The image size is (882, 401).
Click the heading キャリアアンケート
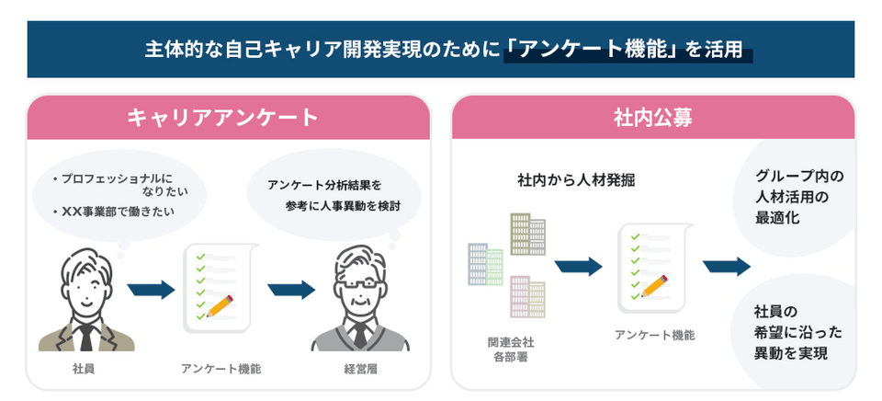tap(222, 118)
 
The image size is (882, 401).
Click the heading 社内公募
tap(653, 118)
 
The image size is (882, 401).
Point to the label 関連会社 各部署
tap(511, 349)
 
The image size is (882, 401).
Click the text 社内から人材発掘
tap(576, 180)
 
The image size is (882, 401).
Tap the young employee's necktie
tap(85, 335)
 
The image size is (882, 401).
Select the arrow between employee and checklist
tap(151, 290)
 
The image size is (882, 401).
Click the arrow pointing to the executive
tap(291, 290)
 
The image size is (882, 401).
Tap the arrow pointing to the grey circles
tap(726, 267)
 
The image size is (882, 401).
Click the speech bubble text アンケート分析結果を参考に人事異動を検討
tap(334, 195)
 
